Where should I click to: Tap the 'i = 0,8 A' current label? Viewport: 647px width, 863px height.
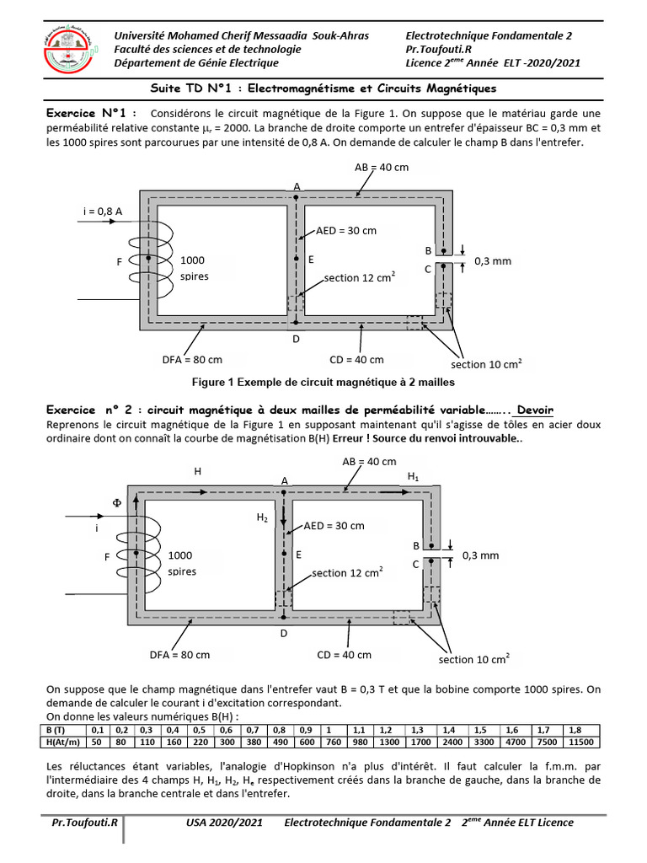click(x=103, y=211)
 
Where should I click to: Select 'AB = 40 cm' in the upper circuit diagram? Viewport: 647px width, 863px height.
click(x=381, y=167)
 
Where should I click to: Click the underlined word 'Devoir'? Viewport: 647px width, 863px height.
click(x=535, y=410)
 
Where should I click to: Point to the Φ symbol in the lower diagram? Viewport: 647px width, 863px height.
click(x=117, y=502)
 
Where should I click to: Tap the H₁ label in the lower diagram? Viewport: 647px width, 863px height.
click(x=413, y=477)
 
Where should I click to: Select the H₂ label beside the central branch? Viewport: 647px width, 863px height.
click(x=262, y=518)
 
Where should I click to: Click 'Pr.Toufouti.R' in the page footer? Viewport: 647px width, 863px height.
click(x=84, y=823)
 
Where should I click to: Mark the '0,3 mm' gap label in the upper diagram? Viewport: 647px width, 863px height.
click(x=493, y=261)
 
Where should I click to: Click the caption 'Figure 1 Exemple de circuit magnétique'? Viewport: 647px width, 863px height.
click(x=323, y=382)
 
